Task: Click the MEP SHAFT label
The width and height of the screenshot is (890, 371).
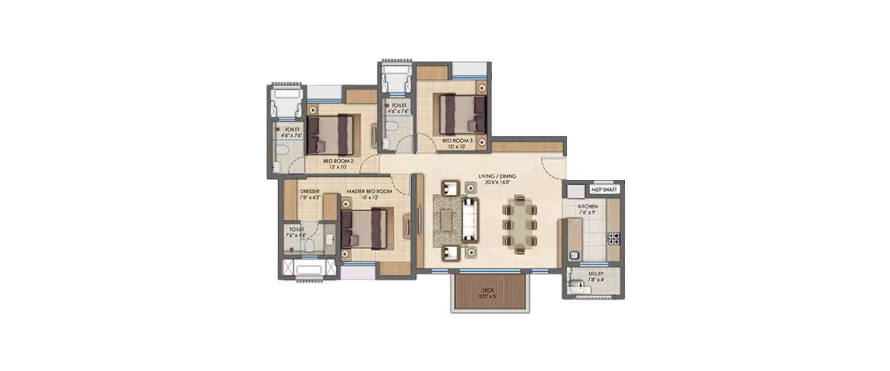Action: click(605, 190)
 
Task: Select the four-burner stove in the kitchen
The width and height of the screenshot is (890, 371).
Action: click(614, 238)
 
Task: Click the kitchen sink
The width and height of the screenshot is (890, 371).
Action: click(574, 256)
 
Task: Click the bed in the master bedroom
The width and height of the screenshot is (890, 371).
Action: click(366, 229)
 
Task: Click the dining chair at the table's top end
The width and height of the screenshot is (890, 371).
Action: click(520, 199)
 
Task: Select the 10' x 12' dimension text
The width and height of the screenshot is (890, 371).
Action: click(369, 197)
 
